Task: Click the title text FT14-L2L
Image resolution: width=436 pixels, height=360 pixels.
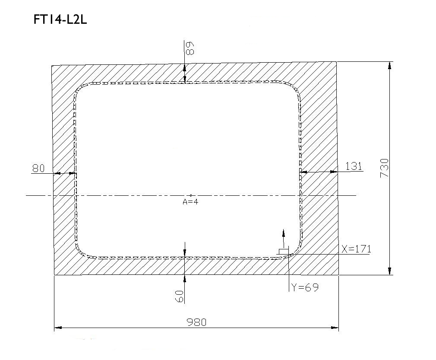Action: click(x=60, y=20)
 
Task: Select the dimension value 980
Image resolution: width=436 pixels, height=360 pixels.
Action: click(x=196, y=322)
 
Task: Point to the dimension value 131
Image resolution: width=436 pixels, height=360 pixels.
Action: click(x=354, y=166)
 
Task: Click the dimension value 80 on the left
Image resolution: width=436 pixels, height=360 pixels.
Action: click(x=38, y=168)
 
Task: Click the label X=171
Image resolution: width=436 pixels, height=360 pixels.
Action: click(x=356, y=249)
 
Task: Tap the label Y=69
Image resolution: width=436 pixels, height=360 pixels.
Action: click(x=305, y=287)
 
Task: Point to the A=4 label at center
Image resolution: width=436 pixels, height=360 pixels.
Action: click(x=190, y=201)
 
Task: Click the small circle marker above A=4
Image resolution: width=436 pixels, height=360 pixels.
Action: click(x=191, y=195)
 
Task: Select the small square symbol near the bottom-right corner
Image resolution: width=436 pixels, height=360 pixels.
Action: click(x=284, y=252)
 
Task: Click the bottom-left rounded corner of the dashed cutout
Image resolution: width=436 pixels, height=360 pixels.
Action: click(x=81, y=251)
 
